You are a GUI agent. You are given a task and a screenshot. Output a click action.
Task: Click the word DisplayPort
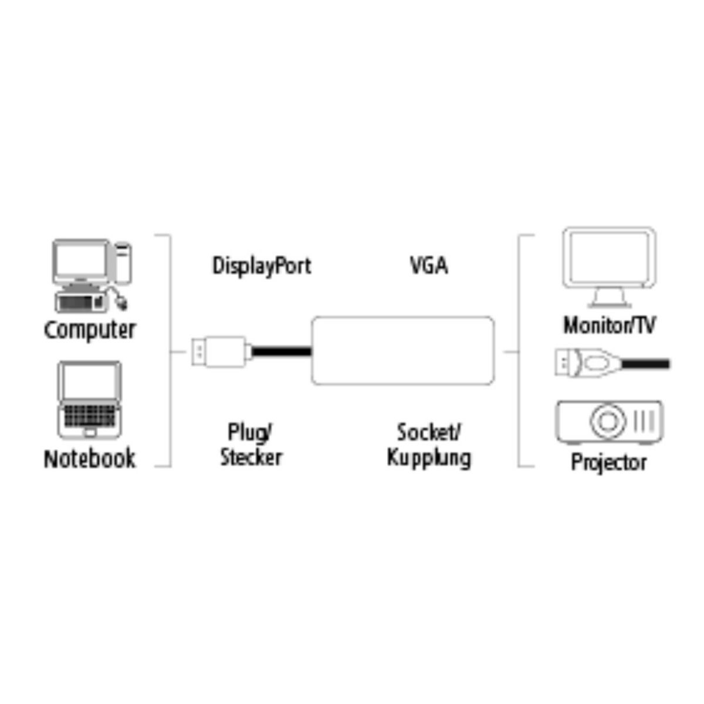261,266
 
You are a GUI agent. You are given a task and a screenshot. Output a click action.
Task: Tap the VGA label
429,265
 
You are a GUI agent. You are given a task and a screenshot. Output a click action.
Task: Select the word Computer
89,330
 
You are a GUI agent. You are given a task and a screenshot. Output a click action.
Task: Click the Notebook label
89,458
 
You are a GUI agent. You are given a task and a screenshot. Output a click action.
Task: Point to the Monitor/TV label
609,324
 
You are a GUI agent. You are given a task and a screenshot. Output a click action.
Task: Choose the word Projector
608,462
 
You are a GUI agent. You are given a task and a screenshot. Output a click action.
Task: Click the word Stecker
251,458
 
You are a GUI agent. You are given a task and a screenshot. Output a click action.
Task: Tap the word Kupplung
429,458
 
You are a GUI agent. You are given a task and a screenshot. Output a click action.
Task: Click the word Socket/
429,432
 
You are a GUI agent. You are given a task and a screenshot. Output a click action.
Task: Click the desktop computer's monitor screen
81,260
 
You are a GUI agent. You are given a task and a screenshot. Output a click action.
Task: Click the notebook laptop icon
89,399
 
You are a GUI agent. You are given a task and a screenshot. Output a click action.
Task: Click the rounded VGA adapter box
402,351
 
